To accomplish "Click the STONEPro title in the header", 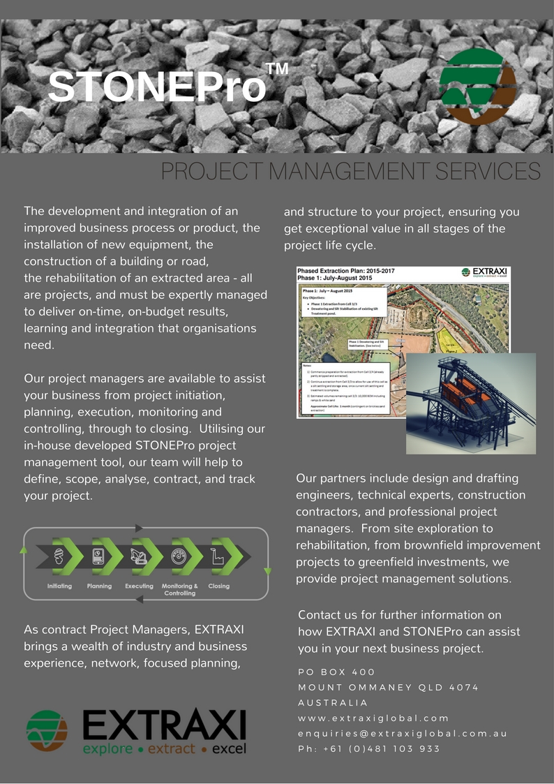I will (157, 86).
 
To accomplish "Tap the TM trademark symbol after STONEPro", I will (277, 69).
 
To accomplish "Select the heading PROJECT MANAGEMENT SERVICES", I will (351, 172).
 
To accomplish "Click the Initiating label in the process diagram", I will (59, 586).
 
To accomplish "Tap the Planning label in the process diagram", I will (99, 586).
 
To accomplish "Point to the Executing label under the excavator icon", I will (139, 586).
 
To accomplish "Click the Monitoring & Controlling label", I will (179, 589).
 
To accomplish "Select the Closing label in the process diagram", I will (218, 586).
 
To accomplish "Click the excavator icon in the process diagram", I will (139, 556).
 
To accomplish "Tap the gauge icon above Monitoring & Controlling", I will (179, 556).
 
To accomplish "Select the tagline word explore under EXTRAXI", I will (107, 750).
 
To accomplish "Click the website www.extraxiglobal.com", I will (373, 718).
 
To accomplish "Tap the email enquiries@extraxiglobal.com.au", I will (403, 734).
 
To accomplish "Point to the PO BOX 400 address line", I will (336, 672).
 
